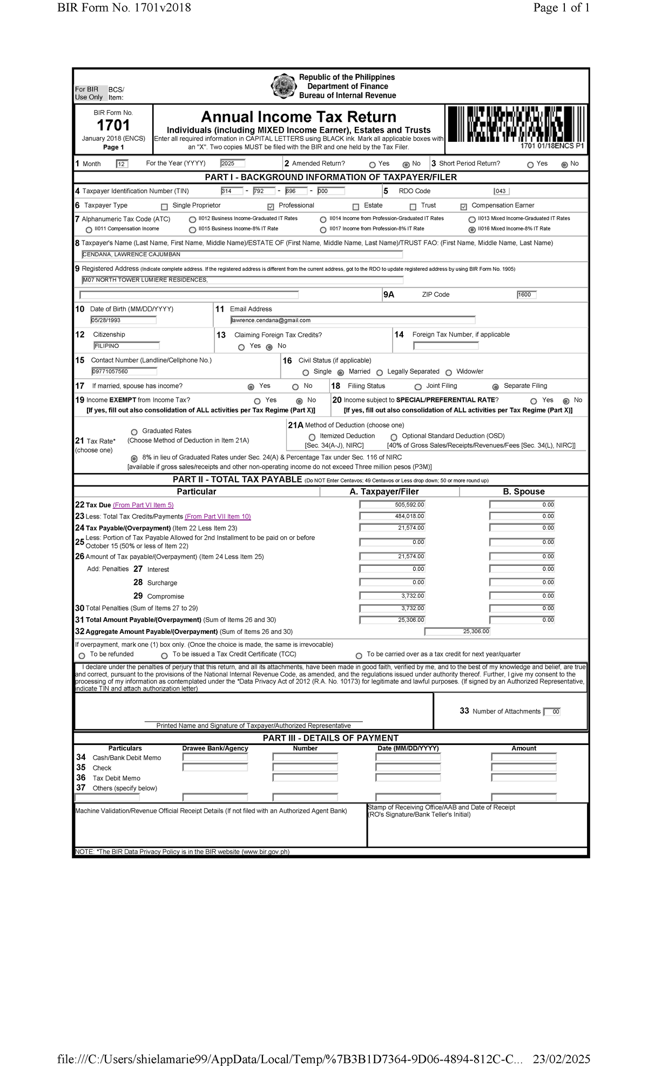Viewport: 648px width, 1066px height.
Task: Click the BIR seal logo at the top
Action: (x=283, y=86)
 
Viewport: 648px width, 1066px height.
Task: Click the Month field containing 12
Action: (x=122, y=164)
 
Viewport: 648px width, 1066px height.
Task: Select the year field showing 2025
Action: (x=233, y=163)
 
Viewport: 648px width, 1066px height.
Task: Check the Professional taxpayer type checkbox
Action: (x=271, y=207)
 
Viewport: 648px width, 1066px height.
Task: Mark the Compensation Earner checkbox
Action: (x=463, y=207)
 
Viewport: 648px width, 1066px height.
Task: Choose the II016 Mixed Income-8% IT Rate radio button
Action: (x=472, y=230)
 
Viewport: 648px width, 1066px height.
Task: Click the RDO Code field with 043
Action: (x=501, y=192)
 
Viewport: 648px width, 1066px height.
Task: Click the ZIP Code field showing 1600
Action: (x=526, y=295)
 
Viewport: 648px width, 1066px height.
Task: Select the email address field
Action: (x=353, y=320)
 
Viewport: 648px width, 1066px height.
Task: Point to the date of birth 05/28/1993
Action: (x=124, y=320)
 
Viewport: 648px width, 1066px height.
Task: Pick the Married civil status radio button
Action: (x=341, y=373)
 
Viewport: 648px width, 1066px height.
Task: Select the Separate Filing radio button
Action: (x=495, y=387)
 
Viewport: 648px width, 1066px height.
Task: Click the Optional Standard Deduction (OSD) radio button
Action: (x=394, y=438)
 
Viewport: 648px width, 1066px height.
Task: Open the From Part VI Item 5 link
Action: (x=143, y=505)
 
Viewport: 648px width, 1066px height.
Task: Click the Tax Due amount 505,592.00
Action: (x=392, y=505)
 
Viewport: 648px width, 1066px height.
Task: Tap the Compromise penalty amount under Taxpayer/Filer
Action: (x=392, y=596)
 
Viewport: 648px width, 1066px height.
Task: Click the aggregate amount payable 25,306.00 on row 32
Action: (x=457, y=632)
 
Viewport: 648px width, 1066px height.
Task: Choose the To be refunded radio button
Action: (x=82, y=656)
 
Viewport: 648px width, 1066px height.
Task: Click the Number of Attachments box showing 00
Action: (x=552, y=712)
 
